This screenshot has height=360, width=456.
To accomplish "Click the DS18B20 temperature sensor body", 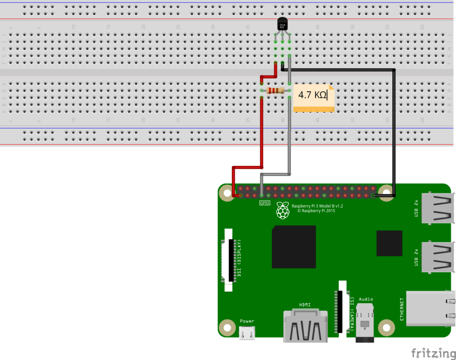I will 282,25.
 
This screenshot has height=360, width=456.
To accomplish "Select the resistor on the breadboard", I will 275,90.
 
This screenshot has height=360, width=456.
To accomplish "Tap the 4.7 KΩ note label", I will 313,95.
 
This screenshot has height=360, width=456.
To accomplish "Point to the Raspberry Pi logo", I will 282,211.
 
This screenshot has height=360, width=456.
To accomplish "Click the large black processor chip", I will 294,247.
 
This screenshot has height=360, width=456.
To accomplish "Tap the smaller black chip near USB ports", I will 389,243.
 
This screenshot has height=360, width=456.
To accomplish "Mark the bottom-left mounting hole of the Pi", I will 227,327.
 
